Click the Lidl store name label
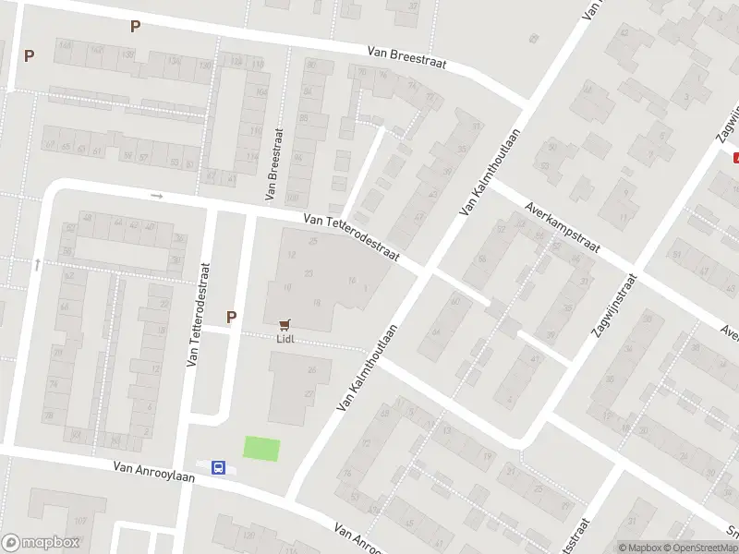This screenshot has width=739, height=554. tap(285, 338)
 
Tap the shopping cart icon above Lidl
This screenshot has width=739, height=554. tap(285, 324)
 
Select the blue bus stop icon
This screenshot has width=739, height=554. tap(218, 467)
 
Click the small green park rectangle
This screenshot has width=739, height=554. tap(260, 448)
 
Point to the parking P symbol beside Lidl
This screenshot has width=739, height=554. tap(231, 317)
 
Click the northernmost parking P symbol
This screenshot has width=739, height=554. tap(136, 26)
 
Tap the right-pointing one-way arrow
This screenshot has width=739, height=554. tap(156, 196)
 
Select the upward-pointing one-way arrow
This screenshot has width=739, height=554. tap(37, 264)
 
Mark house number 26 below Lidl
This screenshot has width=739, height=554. tap(312, 370)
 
